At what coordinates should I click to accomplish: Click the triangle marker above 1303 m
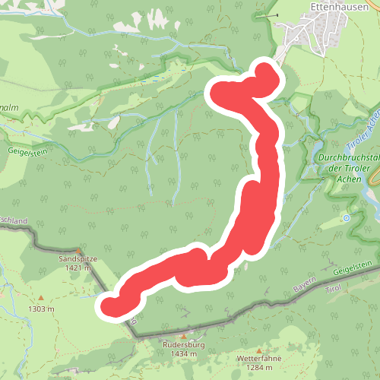[41, 298]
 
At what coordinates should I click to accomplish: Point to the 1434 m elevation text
[184, 354]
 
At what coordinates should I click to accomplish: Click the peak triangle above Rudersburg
[183, 335]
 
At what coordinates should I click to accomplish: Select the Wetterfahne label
[255, 357]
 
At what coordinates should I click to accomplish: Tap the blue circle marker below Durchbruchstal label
[347, 218]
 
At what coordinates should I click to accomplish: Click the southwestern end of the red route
[111, 306]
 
